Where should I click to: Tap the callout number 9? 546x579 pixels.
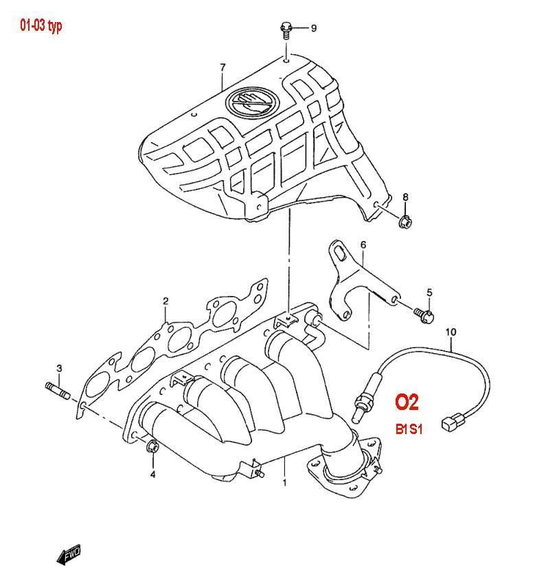[x=313, y=28]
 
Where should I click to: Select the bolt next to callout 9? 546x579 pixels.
[x=286, y=29]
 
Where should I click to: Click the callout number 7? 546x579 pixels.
[x=223, y=67]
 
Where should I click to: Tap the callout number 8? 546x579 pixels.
[x=405, y=198]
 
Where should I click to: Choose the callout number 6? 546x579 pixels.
[x=363, y=245]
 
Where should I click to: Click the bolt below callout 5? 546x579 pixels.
[x=424, y=315]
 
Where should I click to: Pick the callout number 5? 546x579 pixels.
[x=429, y=293]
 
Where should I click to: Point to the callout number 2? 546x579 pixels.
[x=166, y=301]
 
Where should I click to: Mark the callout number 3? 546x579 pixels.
[x=59, y=369]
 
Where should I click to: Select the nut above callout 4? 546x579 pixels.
[x=152, y=449]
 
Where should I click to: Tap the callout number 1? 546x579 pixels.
[x=284, y=483]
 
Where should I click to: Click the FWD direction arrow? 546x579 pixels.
[x=69, y=554]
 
